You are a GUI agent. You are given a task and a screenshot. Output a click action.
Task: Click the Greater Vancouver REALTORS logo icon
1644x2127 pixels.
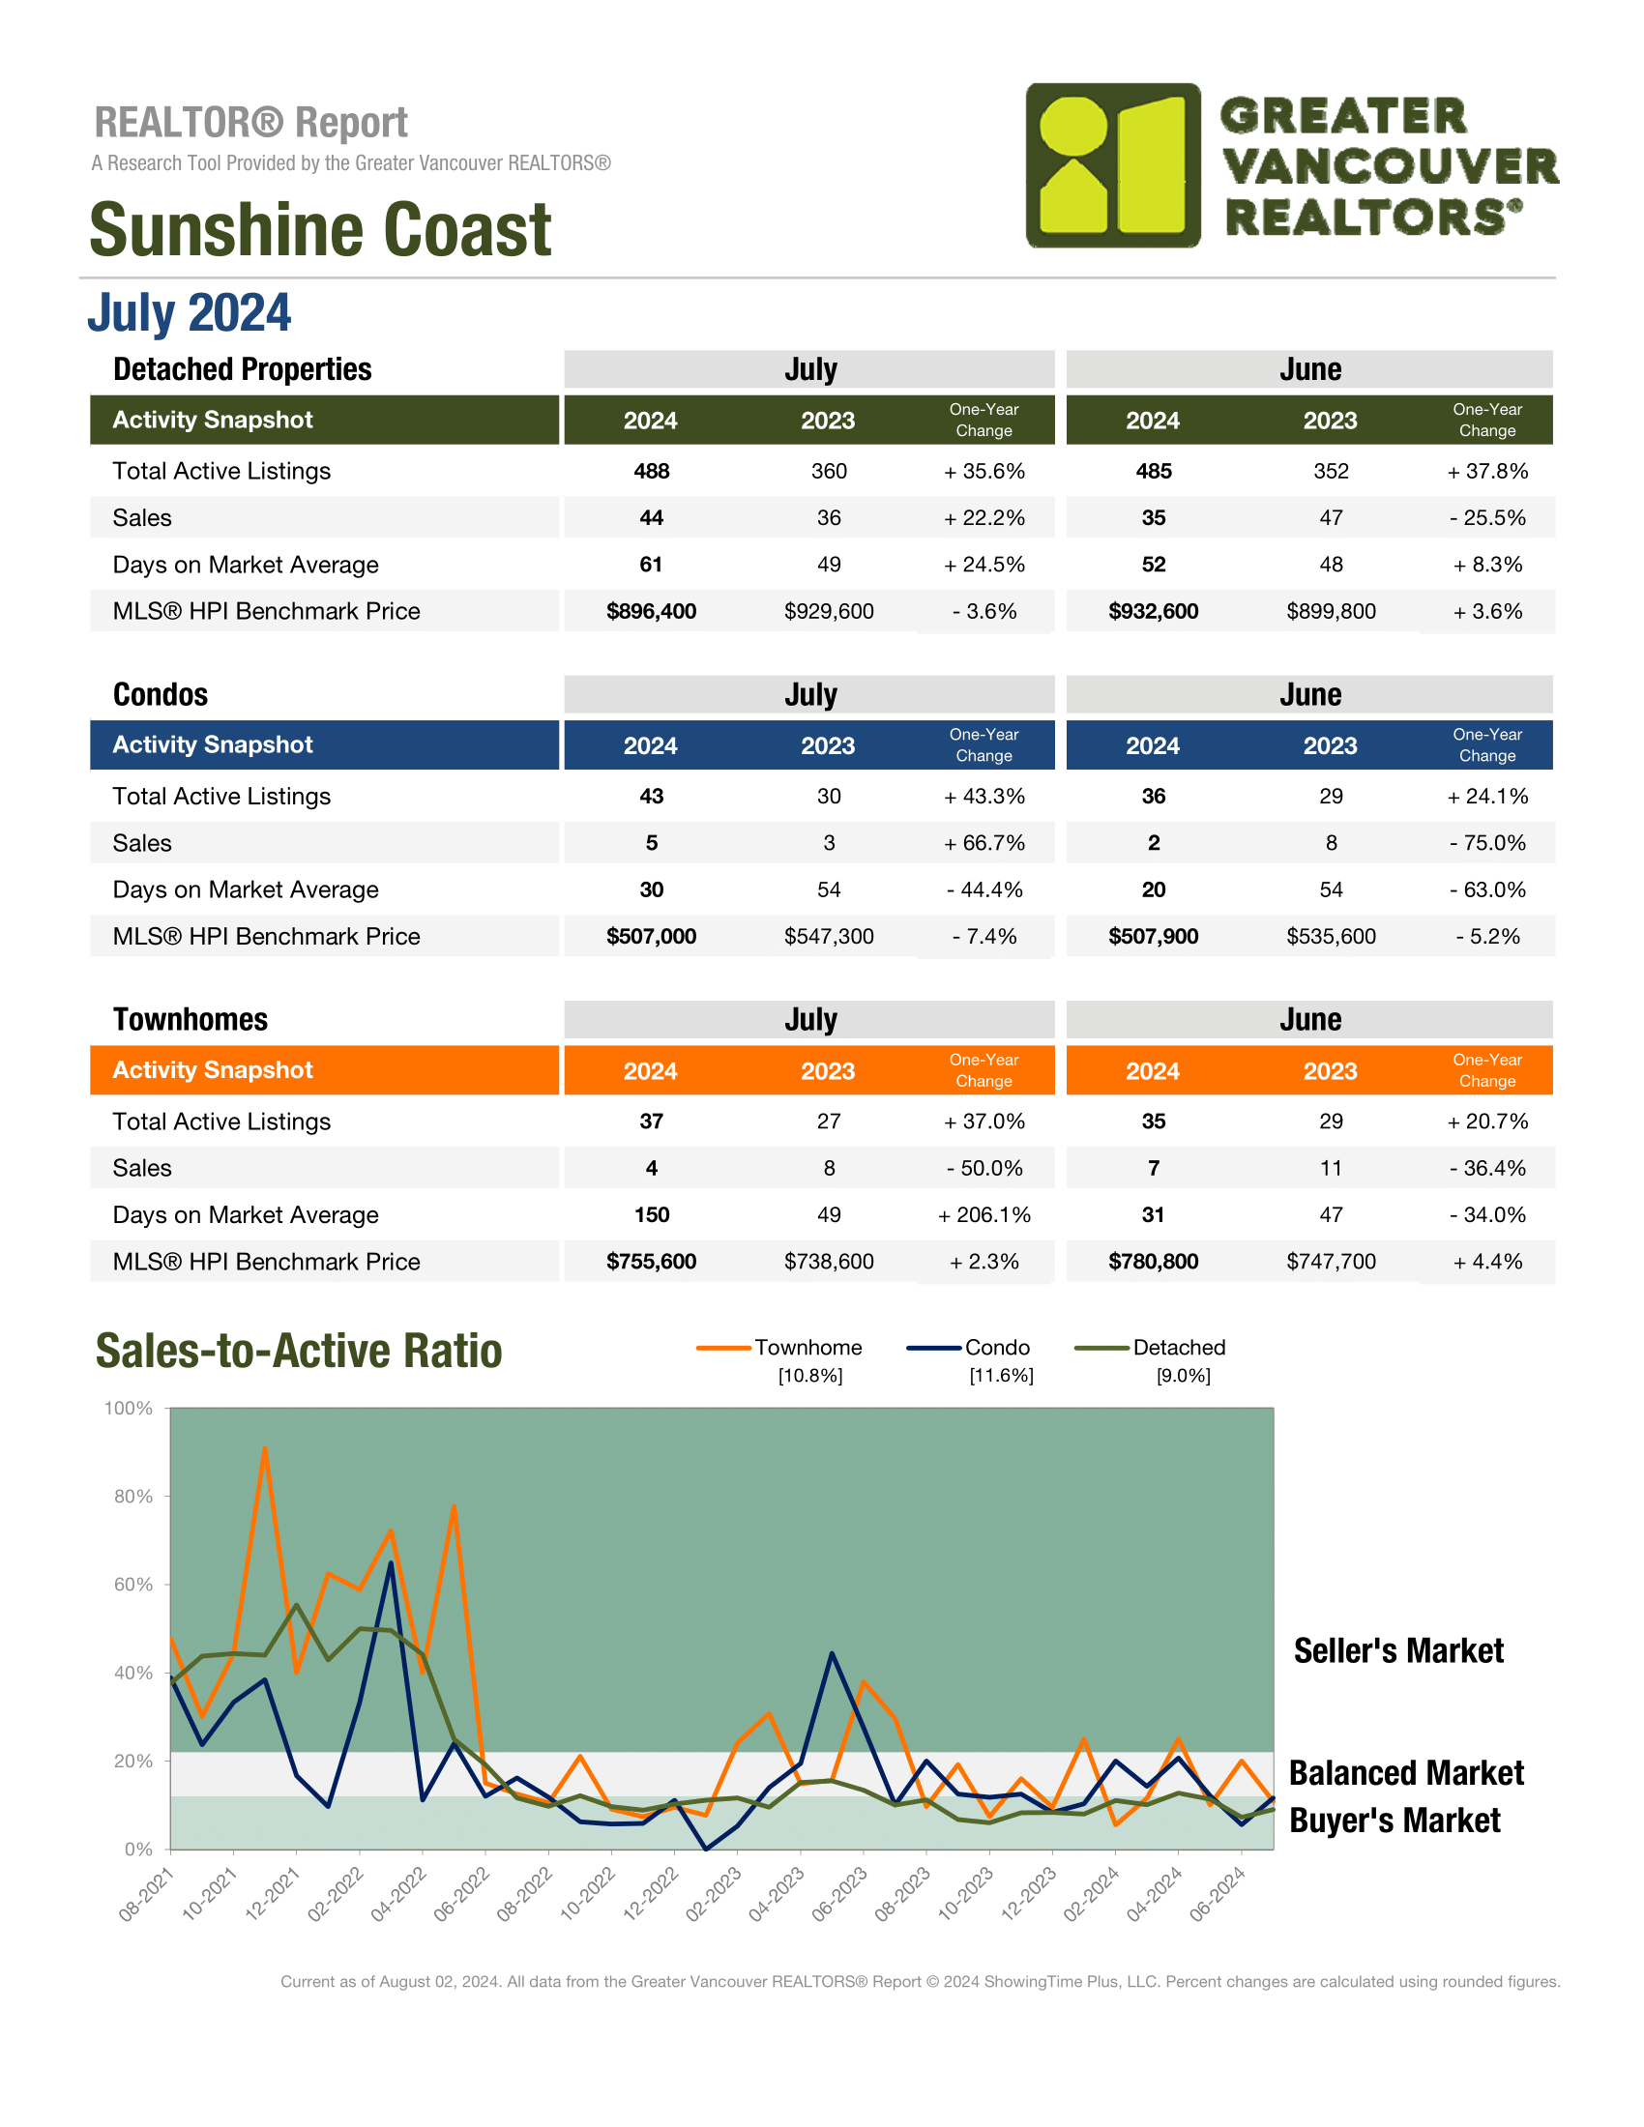1113,165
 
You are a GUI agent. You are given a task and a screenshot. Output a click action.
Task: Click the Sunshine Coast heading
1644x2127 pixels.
320,230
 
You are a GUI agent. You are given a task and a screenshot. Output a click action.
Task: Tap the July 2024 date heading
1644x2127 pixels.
189,312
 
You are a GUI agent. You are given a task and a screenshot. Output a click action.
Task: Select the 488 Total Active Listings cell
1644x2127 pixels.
651,472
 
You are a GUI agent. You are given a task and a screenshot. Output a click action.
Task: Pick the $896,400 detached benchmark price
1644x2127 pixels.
651,612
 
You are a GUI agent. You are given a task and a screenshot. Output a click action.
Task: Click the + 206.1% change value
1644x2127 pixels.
983,1215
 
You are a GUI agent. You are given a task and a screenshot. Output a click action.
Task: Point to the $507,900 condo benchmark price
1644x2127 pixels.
1153,937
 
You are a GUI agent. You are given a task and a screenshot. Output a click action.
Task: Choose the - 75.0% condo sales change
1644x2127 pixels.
1487,843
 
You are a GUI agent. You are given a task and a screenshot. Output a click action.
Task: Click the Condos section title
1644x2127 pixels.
161,694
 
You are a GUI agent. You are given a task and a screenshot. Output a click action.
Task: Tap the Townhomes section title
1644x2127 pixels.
190,1020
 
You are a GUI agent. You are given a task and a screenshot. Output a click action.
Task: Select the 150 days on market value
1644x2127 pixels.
651,1215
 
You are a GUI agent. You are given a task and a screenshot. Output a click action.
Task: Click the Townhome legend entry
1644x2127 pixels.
780,1348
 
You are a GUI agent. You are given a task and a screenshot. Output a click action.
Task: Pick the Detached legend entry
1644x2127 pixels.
1149,1348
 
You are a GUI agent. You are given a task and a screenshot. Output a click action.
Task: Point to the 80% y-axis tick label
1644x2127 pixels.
133,1496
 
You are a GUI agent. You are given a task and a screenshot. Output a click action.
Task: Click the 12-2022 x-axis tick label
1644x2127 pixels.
652,1892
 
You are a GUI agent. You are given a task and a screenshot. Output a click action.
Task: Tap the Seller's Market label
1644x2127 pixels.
1398,1650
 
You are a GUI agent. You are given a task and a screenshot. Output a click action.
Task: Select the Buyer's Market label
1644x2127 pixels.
1394,1821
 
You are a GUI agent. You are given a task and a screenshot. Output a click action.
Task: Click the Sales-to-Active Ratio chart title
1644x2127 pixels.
299,1351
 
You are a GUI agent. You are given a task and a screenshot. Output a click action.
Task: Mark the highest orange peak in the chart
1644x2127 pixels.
265,1448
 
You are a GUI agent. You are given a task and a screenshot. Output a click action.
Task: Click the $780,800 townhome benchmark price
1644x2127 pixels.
1153,1262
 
